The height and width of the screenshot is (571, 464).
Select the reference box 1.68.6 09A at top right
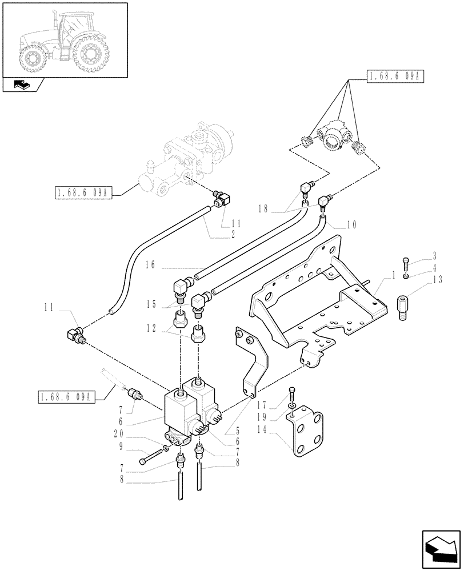[394, 77]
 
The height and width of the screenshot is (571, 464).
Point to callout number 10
[351, 225]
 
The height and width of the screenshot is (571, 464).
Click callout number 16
[150, 264]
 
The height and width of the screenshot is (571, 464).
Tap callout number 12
[151, 328]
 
